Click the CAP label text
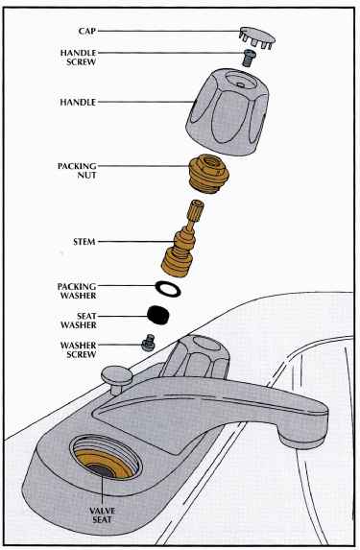click(x=87, y=31)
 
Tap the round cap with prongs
click(x=257, y=37)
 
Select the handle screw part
click(x=249, y=58)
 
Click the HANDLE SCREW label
click(x=79, y=58)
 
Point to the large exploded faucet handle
click(x=228, y=111)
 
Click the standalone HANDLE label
click(x=78, y=102)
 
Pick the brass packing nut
click(x=208, y=174)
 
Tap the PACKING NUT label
click(x=77, y=171)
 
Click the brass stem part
click(x=182, y=238)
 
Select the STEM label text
click(x=84, y=242)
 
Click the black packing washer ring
click(x=168, y=288)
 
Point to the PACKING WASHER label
click(x=77, y=291)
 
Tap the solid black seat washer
click(x=158, y=315)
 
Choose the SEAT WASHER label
click(x=79, y=321)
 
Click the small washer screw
click(x=149, y=343)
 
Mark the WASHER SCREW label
click(x=79, y=349)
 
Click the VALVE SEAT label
click(x=102, y=514)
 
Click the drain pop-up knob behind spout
click(x=116, y=378)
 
